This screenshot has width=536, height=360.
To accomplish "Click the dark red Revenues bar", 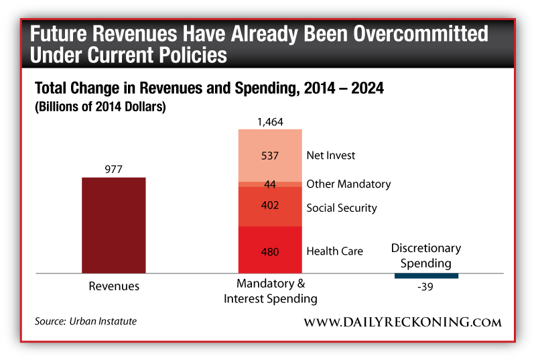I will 113,225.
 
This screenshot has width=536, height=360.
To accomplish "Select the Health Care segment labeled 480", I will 271,250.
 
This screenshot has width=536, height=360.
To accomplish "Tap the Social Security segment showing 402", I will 271,206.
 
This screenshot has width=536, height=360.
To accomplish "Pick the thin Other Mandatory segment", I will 271,184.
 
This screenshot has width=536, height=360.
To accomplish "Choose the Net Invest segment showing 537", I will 271,155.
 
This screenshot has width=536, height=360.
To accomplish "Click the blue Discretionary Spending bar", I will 426,276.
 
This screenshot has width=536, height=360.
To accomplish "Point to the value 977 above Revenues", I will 114,170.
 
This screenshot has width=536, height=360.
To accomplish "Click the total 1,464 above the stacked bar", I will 271,122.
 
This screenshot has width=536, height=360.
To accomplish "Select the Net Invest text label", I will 331,156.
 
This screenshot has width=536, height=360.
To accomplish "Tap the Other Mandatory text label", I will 348,184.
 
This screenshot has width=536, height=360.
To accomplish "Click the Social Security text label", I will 342,208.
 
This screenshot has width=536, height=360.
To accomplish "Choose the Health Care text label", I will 334,251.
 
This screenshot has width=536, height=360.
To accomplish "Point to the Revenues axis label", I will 114,286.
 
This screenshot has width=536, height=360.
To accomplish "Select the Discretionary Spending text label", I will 426,255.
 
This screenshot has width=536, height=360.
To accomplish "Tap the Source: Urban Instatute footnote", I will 86,322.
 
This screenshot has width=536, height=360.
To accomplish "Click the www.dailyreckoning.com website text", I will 402,322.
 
